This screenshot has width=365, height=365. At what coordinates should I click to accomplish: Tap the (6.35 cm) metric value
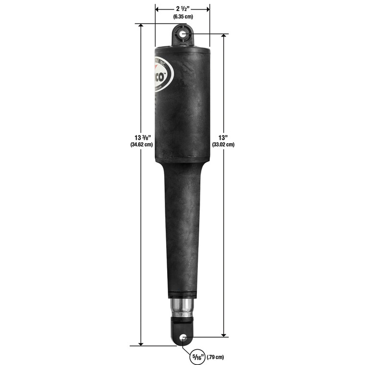coord(182,17)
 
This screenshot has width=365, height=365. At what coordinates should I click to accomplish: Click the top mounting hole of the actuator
coord(183,35)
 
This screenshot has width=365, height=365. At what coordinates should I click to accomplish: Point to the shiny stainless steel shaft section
coord(182,308)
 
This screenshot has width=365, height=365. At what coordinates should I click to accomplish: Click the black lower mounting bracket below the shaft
coord(182,331)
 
